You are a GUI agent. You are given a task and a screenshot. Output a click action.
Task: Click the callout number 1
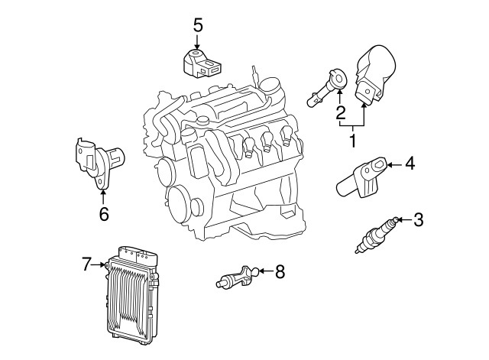pos(353,141)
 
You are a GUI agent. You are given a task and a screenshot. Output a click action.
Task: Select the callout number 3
pos(417,221)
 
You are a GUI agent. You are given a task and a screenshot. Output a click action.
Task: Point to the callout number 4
pos(410,164)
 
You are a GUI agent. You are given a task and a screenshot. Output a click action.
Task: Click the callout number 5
pos(198,24)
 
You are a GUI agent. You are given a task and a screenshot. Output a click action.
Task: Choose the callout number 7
pos(86,264)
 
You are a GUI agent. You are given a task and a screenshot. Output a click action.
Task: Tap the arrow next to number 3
pos(402,221)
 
